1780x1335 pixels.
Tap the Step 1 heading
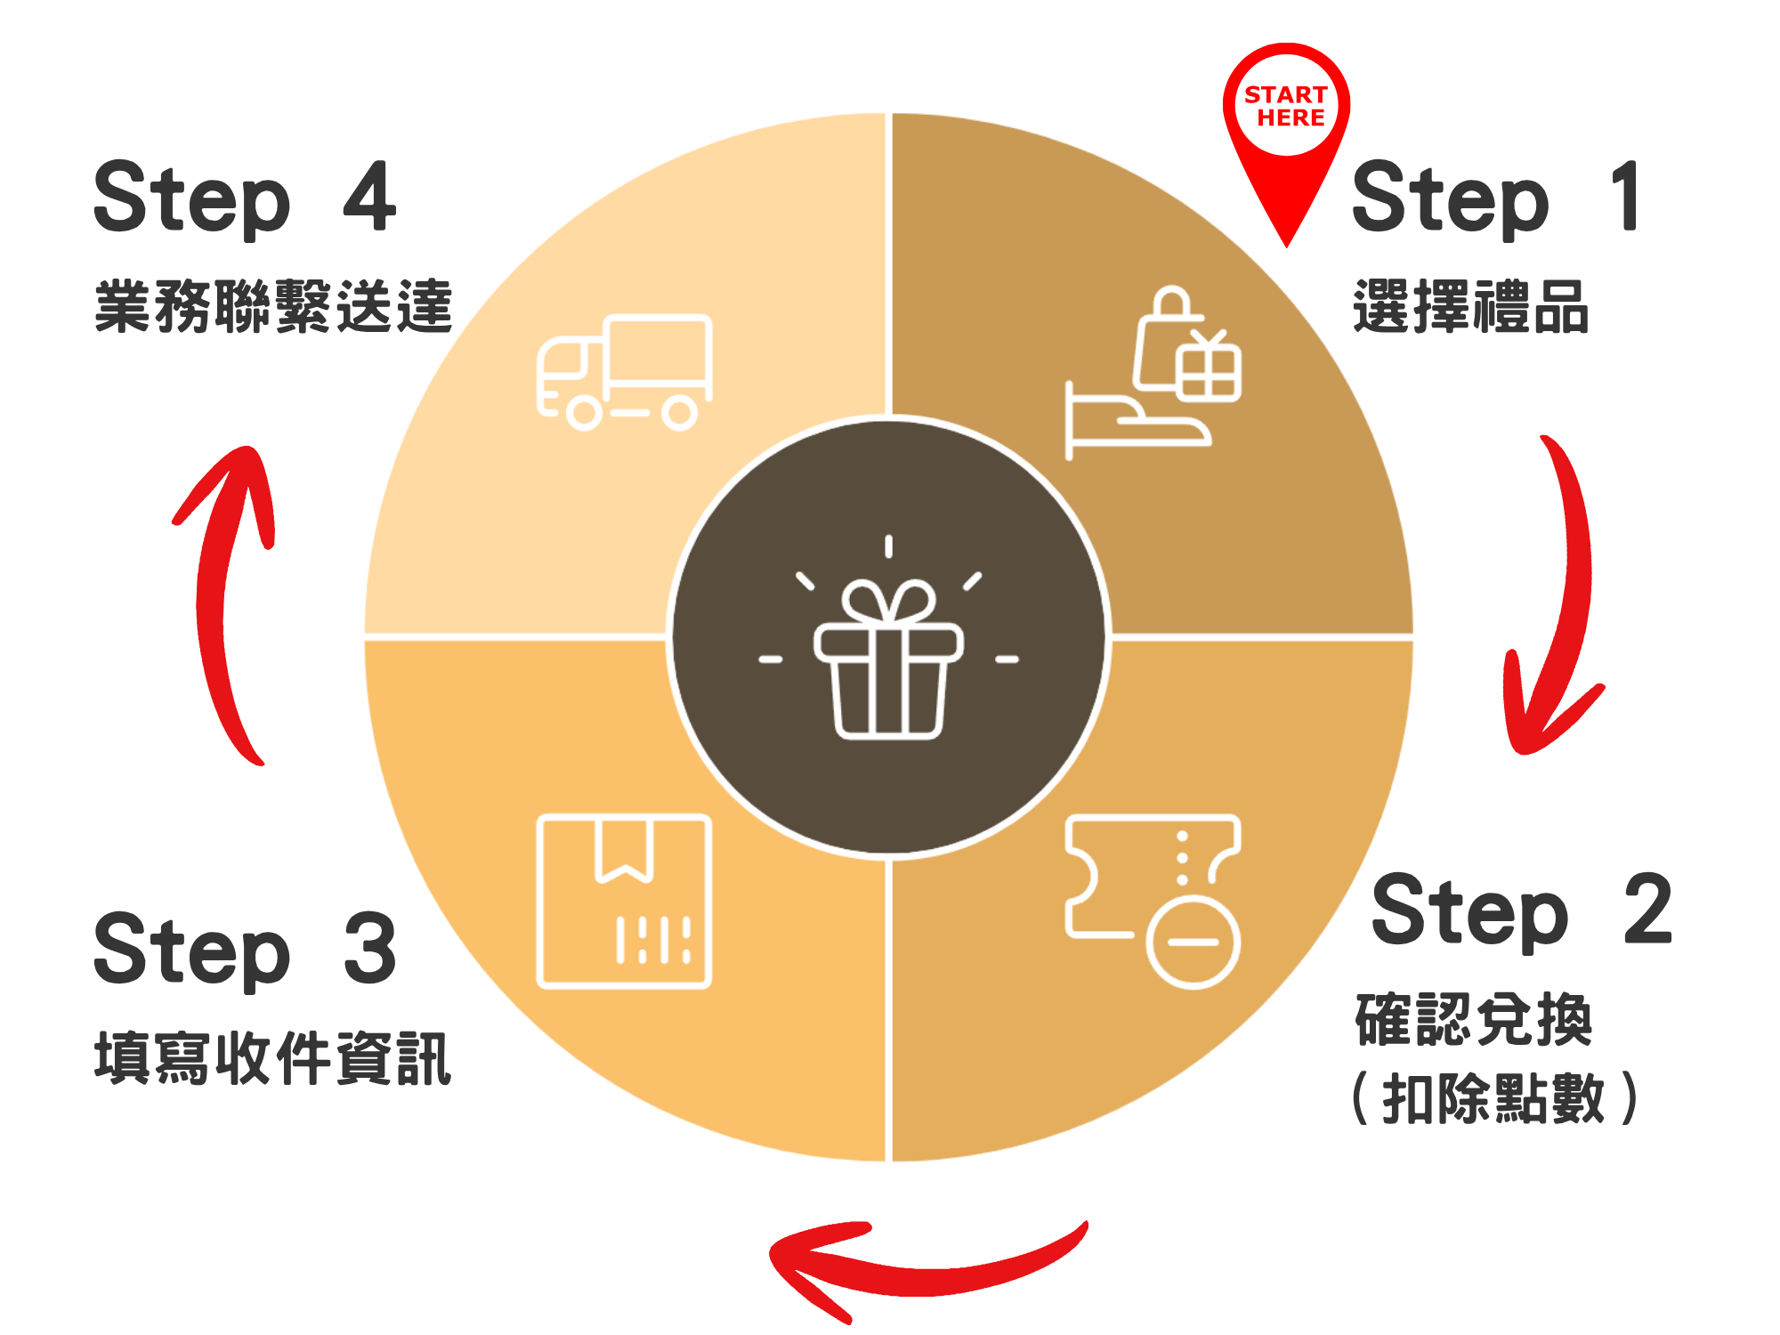click(1495, 198)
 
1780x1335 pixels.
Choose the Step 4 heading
click(245, 198)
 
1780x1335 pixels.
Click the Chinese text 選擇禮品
click(1470, 307)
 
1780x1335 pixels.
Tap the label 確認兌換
click(1473, 1020)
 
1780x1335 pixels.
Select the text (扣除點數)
click(1495, 1098)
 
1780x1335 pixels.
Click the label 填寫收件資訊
click(273, 1059)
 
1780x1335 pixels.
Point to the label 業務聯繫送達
click(273, 307)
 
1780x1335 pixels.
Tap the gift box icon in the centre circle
click(888, 659)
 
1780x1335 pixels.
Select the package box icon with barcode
click(623, 901)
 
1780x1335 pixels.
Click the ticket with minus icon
click(1153, 899)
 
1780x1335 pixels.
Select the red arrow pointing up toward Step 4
click(222, 596)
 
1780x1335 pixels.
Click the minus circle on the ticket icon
click(1193, 942)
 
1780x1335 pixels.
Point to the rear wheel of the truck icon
click(679, 413)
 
